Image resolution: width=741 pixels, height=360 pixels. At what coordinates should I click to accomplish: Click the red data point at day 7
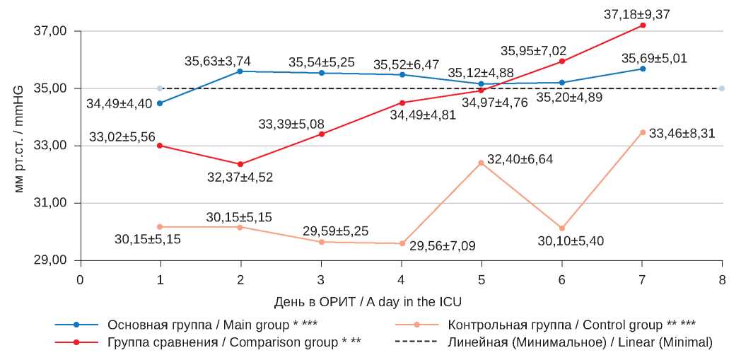(642, 25)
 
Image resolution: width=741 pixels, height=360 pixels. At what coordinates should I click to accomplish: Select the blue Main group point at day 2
(240, 71)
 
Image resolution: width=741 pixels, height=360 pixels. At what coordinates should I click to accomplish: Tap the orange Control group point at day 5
(481, 163)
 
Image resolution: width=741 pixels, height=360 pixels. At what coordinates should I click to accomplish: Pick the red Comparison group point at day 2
(240, 164)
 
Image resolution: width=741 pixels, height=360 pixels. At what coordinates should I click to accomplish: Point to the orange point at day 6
(562, 228)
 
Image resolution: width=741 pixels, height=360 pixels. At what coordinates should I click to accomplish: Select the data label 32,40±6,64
(520, 159)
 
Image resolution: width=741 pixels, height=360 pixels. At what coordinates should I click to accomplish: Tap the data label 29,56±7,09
(443, 246)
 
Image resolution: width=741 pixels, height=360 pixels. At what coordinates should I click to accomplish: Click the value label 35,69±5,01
(654, 58)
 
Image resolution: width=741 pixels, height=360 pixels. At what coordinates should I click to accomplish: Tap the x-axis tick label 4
(401, 279)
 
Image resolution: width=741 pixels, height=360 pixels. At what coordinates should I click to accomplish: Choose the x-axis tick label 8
(722, 279)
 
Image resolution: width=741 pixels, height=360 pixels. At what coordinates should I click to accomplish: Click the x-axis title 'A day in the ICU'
(367, 302)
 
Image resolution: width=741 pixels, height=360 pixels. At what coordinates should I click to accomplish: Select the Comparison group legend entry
(233, 342)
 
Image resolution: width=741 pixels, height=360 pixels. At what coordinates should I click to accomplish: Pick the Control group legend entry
(571, 325)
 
